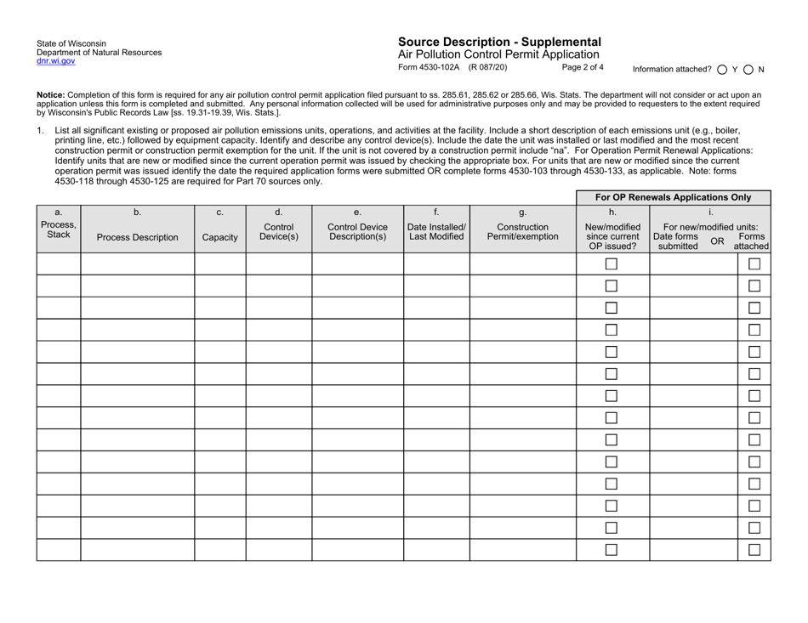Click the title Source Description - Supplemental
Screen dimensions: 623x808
click(499, 42)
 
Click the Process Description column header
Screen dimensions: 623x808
click(137, 238)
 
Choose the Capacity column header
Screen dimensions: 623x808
click(220, 239)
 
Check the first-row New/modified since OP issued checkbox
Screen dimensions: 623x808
click(612, 263)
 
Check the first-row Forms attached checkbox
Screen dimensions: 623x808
click(754, 263)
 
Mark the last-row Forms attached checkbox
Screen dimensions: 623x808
click(754, 550)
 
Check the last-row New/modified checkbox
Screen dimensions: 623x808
click(612, 550)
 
